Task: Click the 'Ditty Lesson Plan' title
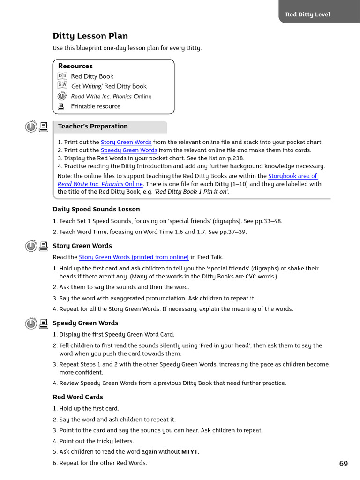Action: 90,36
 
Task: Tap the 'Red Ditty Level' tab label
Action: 307,15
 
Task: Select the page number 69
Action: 344,464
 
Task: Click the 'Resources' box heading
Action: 75,66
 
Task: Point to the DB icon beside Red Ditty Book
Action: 62,76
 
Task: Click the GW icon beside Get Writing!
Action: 62,85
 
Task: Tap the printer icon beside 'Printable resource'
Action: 60,106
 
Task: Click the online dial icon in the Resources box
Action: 62,96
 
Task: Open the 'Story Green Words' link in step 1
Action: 126,142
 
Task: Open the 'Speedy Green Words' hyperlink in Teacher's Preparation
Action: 129,150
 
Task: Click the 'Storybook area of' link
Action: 293,176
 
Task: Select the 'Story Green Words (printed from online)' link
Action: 134,257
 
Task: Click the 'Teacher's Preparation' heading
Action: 93,126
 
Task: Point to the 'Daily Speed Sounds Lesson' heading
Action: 96,209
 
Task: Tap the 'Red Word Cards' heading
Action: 78,397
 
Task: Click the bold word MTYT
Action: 190,452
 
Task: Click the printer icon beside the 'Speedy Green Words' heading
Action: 44,323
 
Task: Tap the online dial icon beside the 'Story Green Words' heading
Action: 31,246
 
